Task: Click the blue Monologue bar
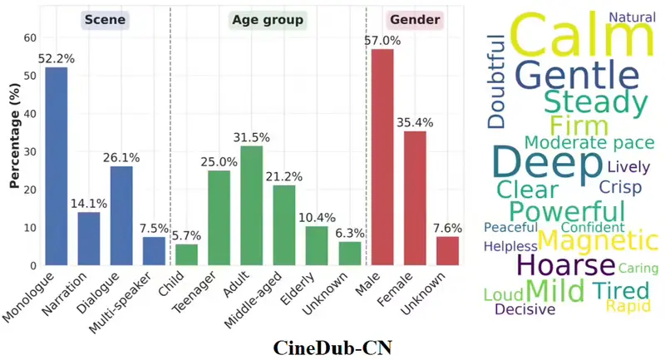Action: point(57,166)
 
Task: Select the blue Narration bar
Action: point(89,239)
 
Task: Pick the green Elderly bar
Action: point(317,245)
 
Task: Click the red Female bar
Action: point(415,198)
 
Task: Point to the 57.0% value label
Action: point(382,40)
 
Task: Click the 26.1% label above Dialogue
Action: point(121,157)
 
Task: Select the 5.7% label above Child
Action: point(187,235)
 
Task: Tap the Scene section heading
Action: point(105,19)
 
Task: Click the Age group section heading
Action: point(268,19)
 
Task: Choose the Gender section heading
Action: point(414,19)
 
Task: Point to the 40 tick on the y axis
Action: point(31,114)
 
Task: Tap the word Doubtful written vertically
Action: point(496,81)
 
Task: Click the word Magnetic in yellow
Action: point(597,241)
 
